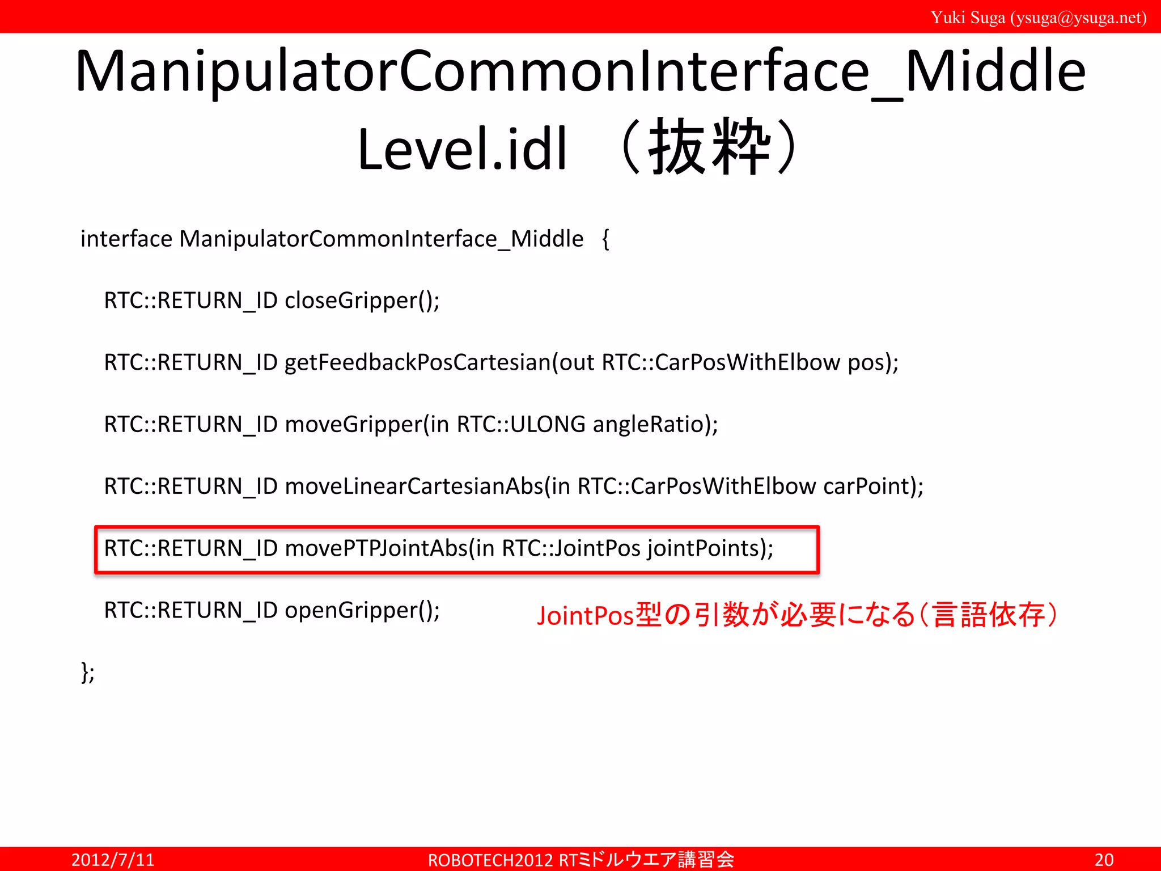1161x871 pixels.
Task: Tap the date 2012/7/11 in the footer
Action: (x=113, y=860)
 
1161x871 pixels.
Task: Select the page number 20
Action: (x=1104, y=860)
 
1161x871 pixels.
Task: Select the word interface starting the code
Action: (x=126, y=239)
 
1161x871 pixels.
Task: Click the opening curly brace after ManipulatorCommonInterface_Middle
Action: (x=605, y=239)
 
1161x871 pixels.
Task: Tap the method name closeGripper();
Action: (x=362, y=301)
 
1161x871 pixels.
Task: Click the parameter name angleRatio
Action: (x=651, y=424)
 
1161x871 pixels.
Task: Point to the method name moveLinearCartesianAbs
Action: (x=414, y=487)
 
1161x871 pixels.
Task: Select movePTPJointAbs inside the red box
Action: (x=376, y=548)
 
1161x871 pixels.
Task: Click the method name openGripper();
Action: (x=362, y=611)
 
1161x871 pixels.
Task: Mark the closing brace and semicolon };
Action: (x=88, y=673)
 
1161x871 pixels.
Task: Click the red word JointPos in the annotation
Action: (x=585, y=616)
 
